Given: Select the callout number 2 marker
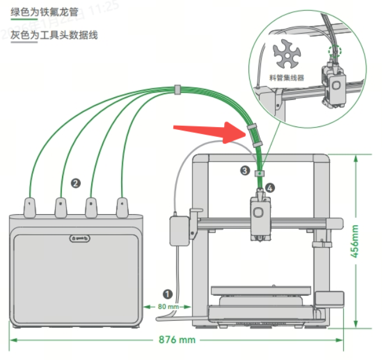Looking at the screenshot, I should [x=75, y=182].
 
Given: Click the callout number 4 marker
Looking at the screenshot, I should [x=270, y=188].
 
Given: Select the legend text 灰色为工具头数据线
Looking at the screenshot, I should [x=54, y=35].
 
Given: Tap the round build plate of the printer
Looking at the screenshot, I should [x=259, y=291].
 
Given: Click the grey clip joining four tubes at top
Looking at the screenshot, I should [x=175, y=90].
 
